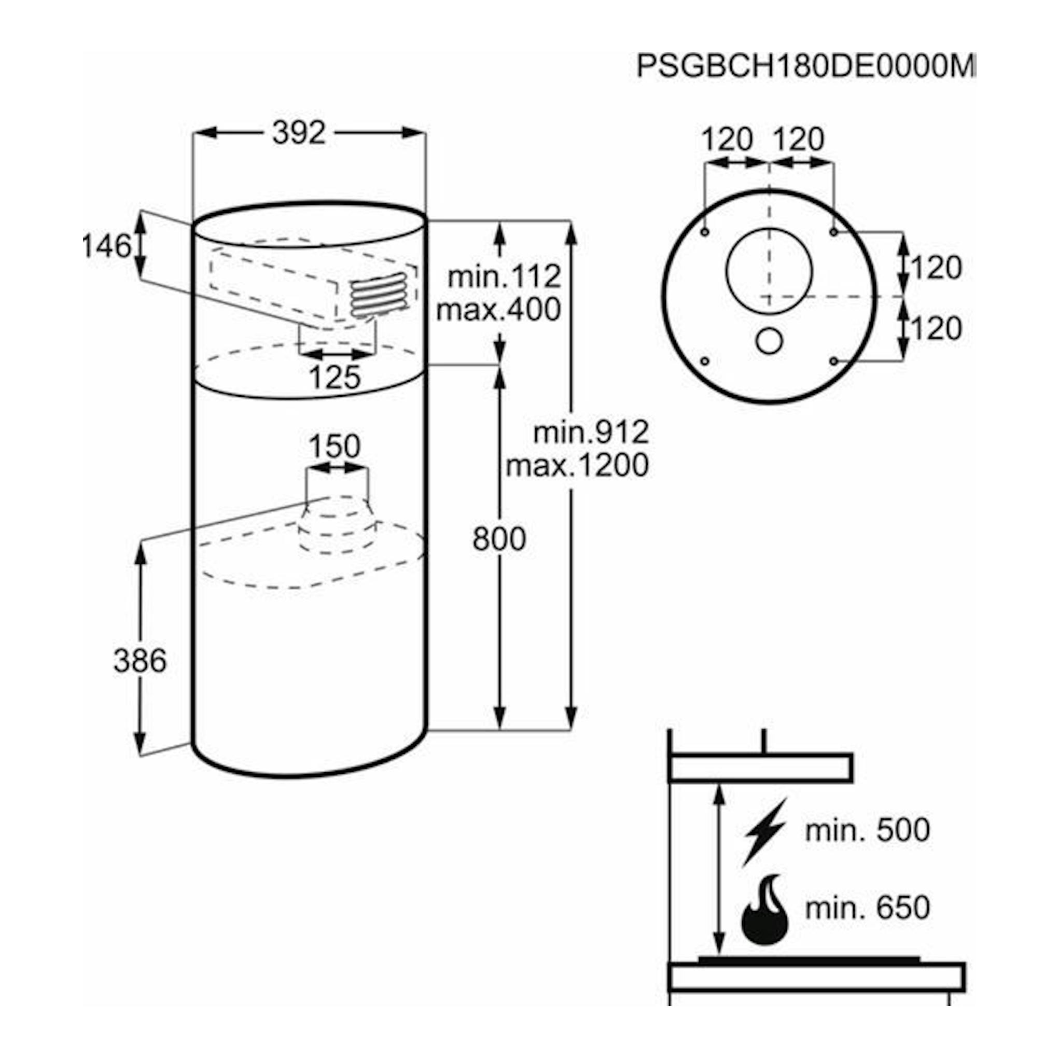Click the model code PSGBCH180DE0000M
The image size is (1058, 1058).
tap(806, 67)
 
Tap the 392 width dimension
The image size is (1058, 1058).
tap(299, 133)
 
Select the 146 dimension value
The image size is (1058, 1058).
tap(106, 245)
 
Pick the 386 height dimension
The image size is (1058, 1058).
tap(140, 660)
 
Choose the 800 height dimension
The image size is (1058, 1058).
tap(499, 538)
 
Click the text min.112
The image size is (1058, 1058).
tap(504, 276)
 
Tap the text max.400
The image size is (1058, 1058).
tap(498, 310)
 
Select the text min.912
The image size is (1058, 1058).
tap(591, 432)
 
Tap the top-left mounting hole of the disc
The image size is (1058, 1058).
tap(705, 232)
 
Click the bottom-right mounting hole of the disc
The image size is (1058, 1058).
tap(833, 361)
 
